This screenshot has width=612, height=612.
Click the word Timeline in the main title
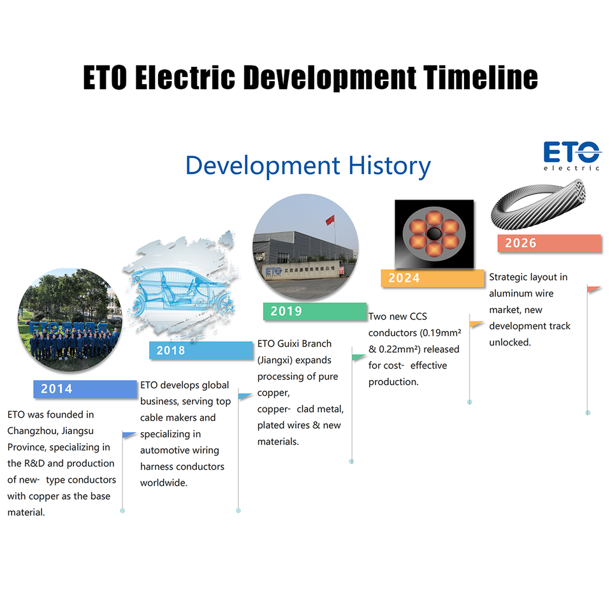tap(480, 77)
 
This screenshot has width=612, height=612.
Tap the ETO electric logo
tap(572, 156)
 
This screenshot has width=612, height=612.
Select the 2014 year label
tap(57, 389)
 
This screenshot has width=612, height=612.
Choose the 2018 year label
tap(171, 350)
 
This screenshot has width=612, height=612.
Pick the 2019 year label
tap(286, 311)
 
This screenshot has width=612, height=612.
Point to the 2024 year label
tap(404, 278)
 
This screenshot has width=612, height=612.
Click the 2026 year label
tap(521, 243)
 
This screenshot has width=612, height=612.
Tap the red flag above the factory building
tap(330, 221)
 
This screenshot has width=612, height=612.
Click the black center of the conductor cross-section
tap(434, 234)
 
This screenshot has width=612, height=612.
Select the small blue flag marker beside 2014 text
tap(129, 435)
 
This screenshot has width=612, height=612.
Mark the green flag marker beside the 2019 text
tap(359, 357)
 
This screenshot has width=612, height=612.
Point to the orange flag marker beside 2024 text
tap(476, 324)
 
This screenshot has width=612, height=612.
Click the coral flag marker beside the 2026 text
tap(594, 289)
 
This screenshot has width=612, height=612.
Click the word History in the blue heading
tap(389, 166)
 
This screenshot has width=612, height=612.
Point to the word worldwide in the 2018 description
tap(164, 483)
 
